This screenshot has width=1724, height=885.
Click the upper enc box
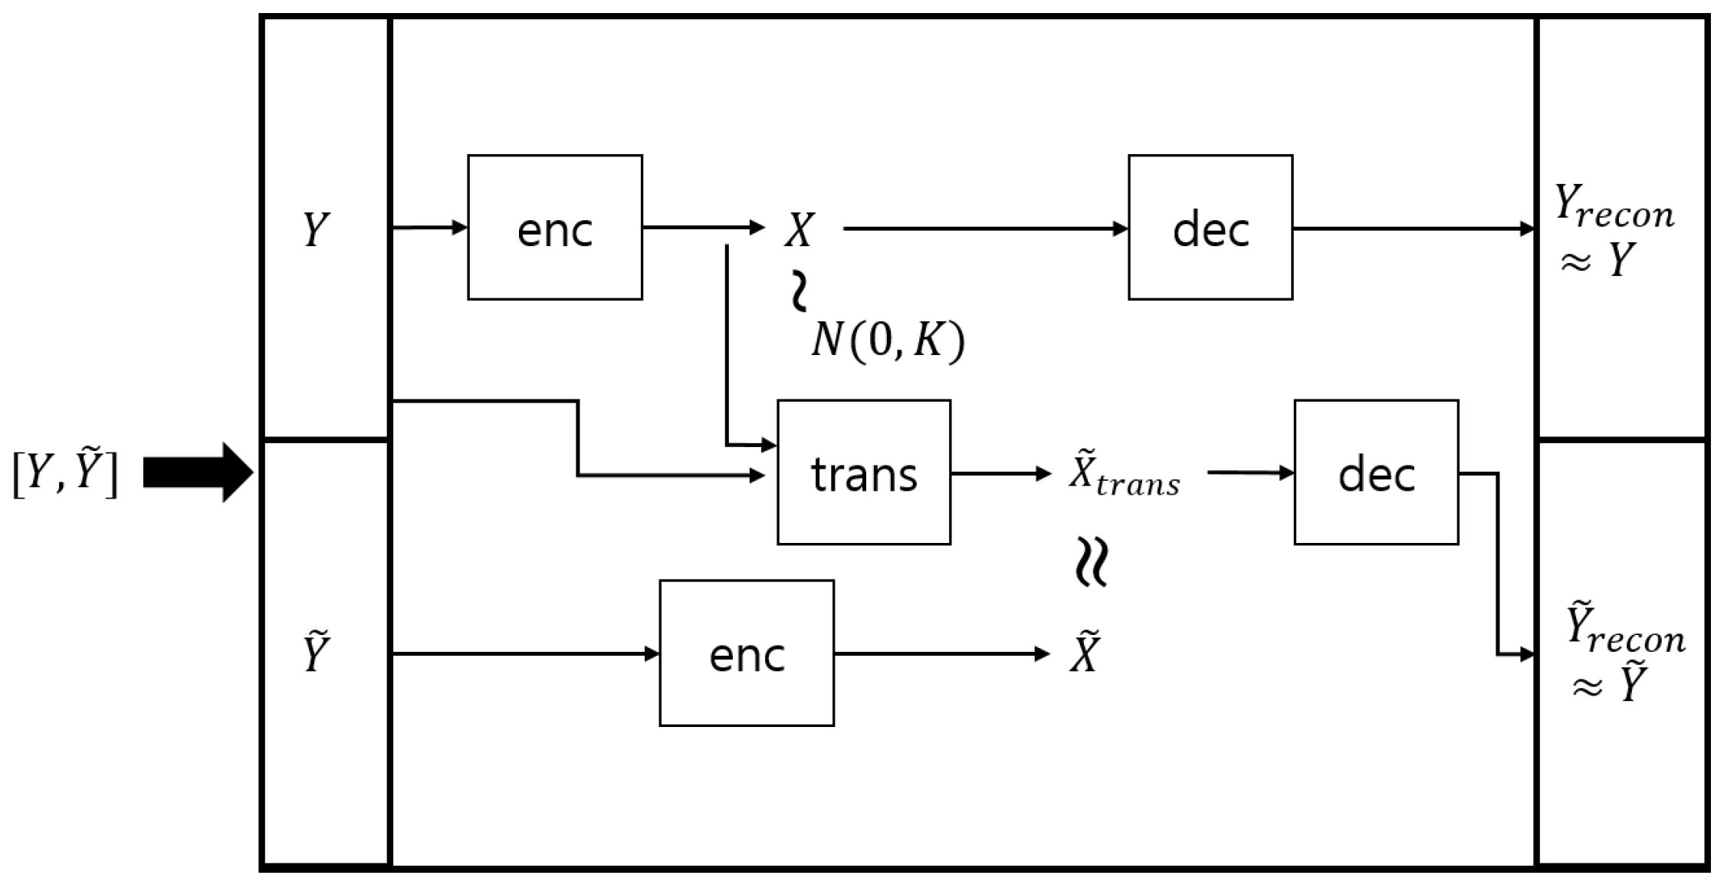[555, 228]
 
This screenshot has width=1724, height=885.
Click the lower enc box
[747, 653]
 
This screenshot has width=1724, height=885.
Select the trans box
[864, 472]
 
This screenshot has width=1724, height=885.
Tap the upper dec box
[1210, 228]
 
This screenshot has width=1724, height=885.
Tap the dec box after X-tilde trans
[1376, 472]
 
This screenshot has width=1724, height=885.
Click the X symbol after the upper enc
[799, 229]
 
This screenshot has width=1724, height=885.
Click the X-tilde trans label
[1124, 475]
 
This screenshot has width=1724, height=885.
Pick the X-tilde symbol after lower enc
[1085, 653]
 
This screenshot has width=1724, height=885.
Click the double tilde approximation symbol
[1092, 562]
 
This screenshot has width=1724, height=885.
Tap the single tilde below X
[800, 292]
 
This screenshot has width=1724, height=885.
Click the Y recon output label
[1614, 229]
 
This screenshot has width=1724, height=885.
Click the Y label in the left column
[316, 229]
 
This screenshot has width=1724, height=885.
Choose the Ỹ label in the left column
[316, 653]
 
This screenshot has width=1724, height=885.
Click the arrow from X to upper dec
[985, 229]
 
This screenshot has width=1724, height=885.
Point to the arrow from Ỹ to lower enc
[525, 653]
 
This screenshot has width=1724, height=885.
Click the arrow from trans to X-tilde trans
[1000, 474]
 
